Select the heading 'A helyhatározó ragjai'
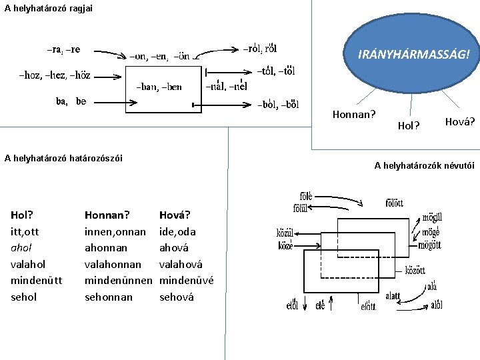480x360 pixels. [x=49, y=8]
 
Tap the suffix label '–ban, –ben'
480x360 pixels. [x=159, y=87]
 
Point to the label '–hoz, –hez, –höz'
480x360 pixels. [x=55, y=75]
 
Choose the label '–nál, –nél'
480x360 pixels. [x=227, y=86]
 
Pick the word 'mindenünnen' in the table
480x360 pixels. [x=119, y=281]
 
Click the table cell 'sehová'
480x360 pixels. [x=177, y=297]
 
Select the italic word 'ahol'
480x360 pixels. [x=22, y=248]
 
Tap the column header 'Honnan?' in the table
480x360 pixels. [x=107, y=215]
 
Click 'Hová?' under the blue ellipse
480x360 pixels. [x=459, y=122]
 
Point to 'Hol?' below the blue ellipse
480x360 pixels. [x=408, y=125]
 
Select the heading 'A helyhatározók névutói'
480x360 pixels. [x=424, y=165]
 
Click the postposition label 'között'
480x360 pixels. [x=415, y=271]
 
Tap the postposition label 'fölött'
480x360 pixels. [x=403, y=203]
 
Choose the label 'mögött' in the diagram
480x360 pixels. [x=429, y=245]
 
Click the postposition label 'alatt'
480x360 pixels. [x=393, y=296]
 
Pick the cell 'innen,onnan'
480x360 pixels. [x=115, y=232]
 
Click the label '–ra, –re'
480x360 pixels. [x=63, y=49]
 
